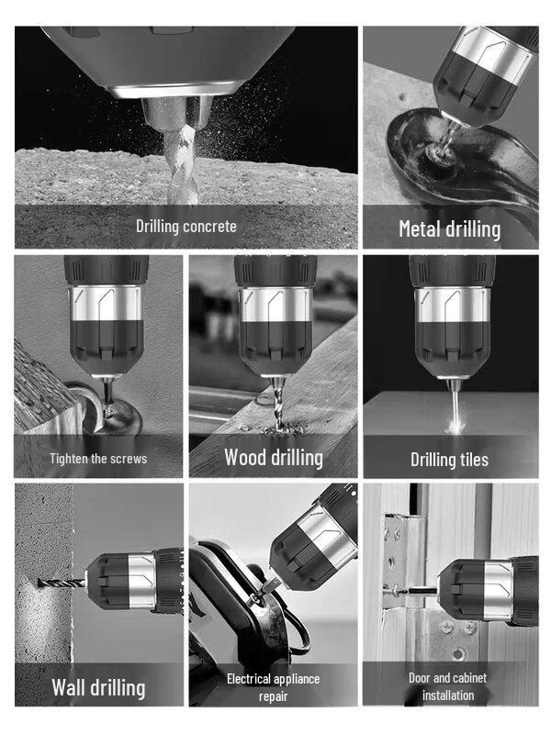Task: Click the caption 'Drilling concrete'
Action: pyautogui.click(x=186, y=226)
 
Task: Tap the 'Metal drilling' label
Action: pyautogui.click(x=449, y=228)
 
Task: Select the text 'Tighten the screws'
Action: pyautogui.click(x=98, y=458)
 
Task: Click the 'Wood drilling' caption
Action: pyautogui.click(x=274, y=456)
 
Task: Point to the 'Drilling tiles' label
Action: pyautogui.click(x=449, y=459)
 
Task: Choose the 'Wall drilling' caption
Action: pyautogui.click(x=98, y=687)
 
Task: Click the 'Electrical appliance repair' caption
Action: pyautogui.click(x=274, y=687)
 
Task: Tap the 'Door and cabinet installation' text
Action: pyautogui.click(x=449, y=686)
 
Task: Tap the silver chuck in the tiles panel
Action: pyautogui.click(x=450, y=304)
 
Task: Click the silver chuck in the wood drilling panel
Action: pyautogui.click(x=274, y=304)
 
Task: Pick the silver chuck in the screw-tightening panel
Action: pyautogui.click(x=106, y=304)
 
